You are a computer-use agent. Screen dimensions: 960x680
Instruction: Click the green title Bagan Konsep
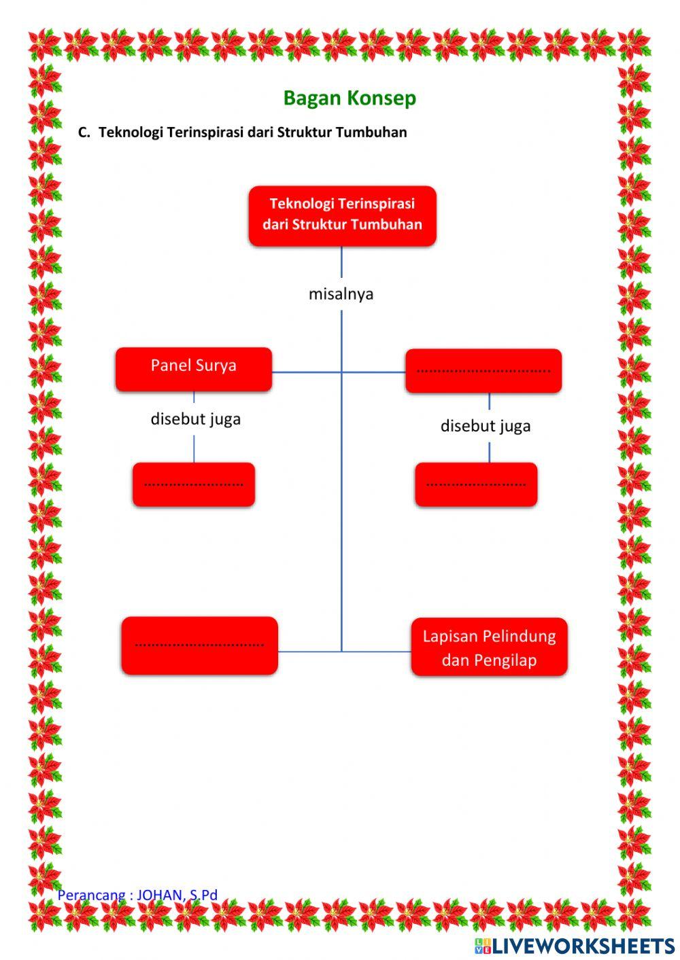(350, 98)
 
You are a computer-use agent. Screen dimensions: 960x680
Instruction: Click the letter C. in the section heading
(84, 132)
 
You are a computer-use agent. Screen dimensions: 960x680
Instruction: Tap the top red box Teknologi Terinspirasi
(342, 215)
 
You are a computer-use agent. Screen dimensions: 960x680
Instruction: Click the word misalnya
(341, 294)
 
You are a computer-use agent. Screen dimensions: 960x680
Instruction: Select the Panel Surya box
(194, 369)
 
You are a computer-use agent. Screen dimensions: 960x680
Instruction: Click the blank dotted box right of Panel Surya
(483, 371)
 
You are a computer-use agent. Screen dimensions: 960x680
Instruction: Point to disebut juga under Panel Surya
(196, 419)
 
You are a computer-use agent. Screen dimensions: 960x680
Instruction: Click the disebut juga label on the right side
(486, 426)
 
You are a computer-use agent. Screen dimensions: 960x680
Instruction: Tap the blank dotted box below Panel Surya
(194, 484)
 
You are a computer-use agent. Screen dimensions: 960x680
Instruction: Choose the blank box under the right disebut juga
(476, 484)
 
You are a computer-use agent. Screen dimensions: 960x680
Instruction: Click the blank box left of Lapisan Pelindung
(199, 645)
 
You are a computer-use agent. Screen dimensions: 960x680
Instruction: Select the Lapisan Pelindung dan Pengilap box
(489, 647)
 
